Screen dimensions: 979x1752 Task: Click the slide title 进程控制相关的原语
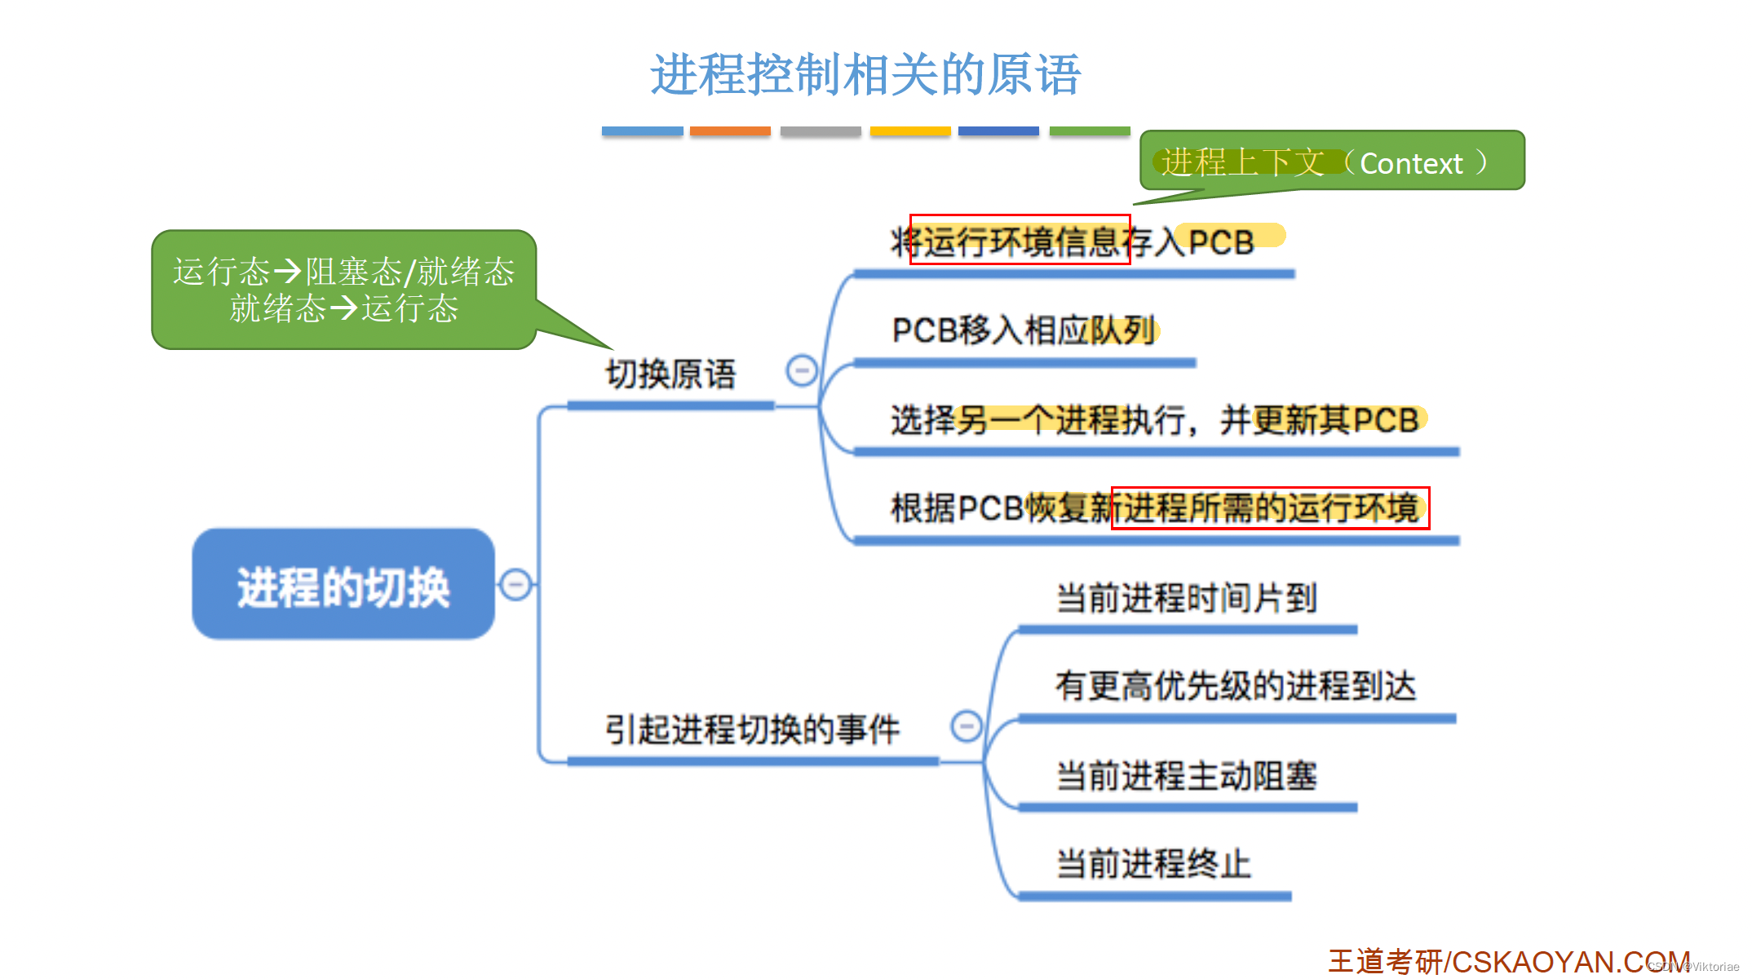(x=865, y=75)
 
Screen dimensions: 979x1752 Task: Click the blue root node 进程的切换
(x=343, y=585)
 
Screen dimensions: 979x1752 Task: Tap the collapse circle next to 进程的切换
(x=515, y=584)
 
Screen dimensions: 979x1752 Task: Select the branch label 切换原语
(x=670, y=374)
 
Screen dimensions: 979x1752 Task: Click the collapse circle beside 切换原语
(x=801, y=370)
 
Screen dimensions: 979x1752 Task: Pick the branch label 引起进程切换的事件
(x=752, y=729)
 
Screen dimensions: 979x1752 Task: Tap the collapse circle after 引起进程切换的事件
(x=967, y=725)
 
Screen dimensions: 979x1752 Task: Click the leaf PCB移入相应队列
(x=1024, y=330)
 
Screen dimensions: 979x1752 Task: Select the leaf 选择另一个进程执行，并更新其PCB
(x=1154, y=420)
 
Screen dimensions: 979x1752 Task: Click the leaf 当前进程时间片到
(x=1187, y=598)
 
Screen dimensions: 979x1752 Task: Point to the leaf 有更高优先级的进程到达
(x=1236, y=686)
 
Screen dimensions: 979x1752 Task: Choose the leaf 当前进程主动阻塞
(x=1187, y=775)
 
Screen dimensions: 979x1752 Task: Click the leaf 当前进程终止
(x=1153, y=863)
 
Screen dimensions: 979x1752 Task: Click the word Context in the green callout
(x=1411, y=164)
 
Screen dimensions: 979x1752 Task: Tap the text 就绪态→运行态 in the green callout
(x=343, y=308)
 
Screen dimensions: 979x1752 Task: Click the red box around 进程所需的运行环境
(x=1270, y=508)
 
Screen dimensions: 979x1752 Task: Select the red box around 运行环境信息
(x=1020, y=240)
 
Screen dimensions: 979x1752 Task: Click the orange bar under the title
(x=730, y=131)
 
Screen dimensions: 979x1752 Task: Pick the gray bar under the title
(x=821, y=131)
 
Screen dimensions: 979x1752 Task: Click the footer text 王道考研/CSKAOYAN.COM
(x=1509, y=961)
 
